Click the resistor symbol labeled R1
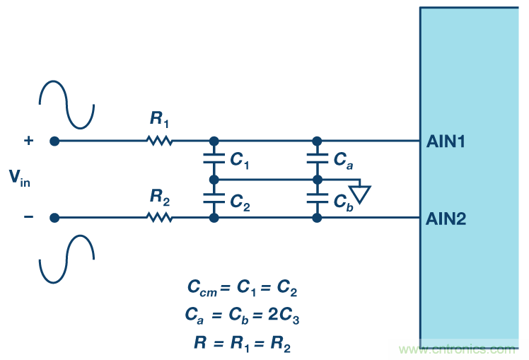(x=160, y=141)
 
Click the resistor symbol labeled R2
(x=160, y=218)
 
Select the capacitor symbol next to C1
(x=214, y=160)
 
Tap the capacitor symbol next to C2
(x=214, y=199)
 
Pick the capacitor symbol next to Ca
(x=318, y=160)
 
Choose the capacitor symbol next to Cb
(x=318, y=199)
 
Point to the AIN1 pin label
(x=446, y=141)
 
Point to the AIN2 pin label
(x=446, y=219)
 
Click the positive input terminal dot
(x=54, y=141)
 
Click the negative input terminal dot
(x=54, y=218)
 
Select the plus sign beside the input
(x=28, y=140)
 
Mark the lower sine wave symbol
(x=66, y=259)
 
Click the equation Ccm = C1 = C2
(x=243, y=288)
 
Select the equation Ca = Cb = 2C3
(x=243, y=315)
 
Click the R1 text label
(x=160, y=120)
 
